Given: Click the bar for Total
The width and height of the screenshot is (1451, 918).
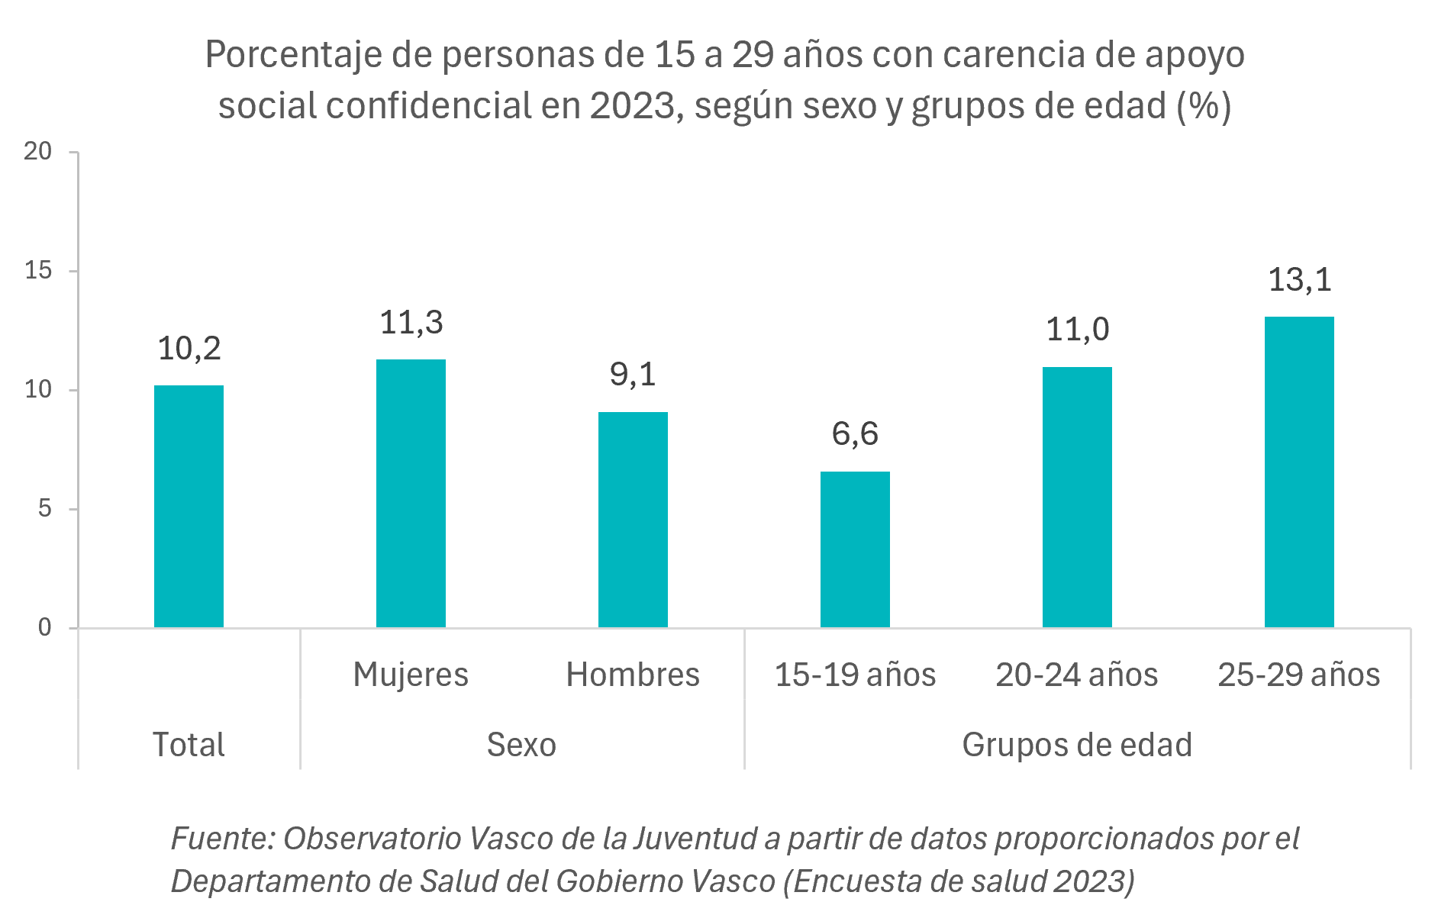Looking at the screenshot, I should pyautogui.click(x=189, y=507).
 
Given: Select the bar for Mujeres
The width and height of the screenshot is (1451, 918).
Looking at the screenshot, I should pyautogui.click(x=411, y=494).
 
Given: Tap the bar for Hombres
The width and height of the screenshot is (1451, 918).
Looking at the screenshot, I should pyautogui.click(x=633, y=520).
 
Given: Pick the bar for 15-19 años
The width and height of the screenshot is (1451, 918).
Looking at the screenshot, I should pyautogui.click(x=855, y=549).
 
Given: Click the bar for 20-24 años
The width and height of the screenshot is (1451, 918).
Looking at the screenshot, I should pyautogui.click(x=1077, y=498).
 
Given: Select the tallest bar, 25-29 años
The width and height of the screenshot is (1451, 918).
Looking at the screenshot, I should pyautogui.click(x=1299, y=472).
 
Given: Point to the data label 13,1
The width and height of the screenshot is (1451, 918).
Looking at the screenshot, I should pyautogui.click(x=1299, y=280).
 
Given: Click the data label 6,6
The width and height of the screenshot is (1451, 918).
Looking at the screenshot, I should pyautogui.click(x=855, y=434).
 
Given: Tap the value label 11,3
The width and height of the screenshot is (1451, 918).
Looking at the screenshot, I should pyautogui.click(x=411, y=323).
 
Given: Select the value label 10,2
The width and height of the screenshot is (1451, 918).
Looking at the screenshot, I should pyautogui.click(x=189, y=349).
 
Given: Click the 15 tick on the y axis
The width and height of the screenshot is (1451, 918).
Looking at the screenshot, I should pyautogui.click(x=38, y=270).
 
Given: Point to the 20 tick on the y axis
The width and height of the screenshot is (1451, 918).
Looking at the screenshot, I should pyautogui.click(x=38, y=151).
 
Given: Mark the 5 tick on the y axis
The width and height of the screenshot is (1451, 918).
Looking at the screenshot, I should pyautogui.click(x=44, y=508).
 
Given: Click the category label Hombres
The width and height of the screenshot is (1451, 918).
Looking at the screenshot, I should pyautogui.click(x=633, y=675).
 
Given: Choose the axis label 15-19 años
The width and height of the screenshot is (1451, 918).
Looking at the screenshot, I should pyautogui.click(x=855, y=675).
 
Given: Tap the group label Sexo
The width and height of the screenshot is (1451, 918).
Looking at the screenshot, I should pyautogui.click(x=521, y=745).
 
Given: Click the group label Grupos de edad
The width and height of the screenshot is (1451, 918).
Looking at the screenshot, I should pyautogui.click(x=1077, y=745).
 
